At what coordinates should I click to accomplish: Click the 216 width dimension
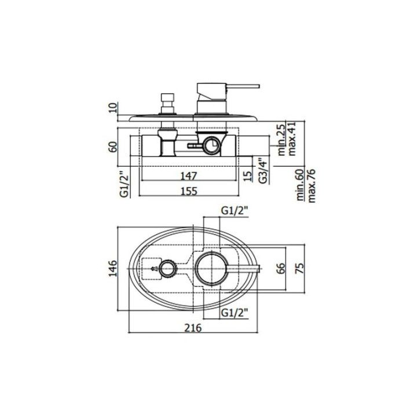pos(193,328)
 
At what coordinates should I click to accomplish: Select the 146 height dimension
pos(113,268)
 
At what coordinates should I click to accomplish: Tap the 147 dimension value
pos(189,176)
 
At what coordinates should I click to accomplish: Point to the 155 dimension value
pos(189,191)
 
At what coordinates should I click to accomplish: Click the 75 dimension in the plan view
pos(300,268)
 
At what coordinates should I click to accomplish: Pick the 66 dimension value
pos(281,268)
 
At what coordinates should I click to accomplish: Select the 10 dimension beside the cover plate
pos(113,108)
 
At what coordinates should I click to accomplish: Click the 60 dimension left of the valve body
pos(113,147)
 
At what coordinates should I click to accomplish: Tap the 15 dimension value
pos(248,176)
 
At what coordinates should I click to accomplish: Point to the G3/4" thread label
pos(263,170)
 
